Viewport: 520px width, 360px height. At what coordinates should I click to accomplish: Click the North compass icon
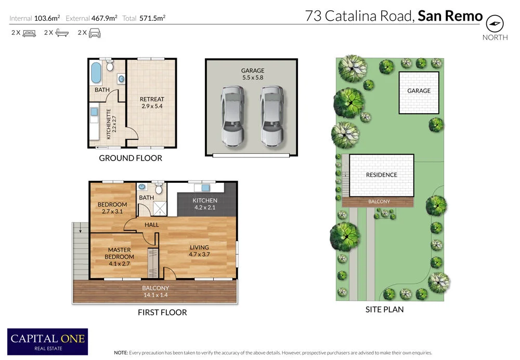coord(495,24)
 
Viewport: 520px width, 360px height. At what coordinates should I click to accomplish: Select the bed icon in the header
coord(29,33)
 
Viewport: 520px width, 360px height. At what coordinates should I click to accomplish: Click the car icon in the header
coord(94,33)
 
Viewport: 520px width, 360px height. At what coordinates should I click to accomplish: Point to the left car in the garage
coord(232,115)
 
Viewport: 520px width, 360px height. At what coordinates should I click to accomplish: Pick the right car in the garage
coord(272,115)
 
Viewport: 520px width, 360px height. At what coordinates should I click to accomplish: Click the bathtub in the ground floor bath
coord(96,73)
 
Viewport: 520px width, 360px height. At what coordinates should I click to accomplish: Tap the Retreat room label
coord(152,102)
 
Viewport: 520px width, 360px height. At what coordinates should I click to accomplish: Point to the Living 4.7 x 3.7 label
coord(199,251)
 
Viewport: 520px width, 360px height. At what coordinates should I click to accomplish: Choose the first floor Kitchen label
coord(205,204)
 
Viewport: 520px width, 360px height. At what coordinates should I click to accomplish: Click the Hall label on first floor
coord(151,225)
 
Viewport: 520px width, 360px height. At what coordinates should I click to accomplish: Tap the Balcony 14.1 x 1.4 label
coord(155,291)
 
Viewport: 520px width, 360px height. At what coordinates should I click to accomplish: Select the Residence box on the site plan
coord(381,175)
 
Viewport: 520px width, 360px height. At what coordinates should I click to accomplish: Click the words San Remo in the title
coord(450,16)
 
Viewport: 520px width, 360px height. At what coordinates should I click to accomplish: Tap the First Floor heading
coord(162,312)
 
